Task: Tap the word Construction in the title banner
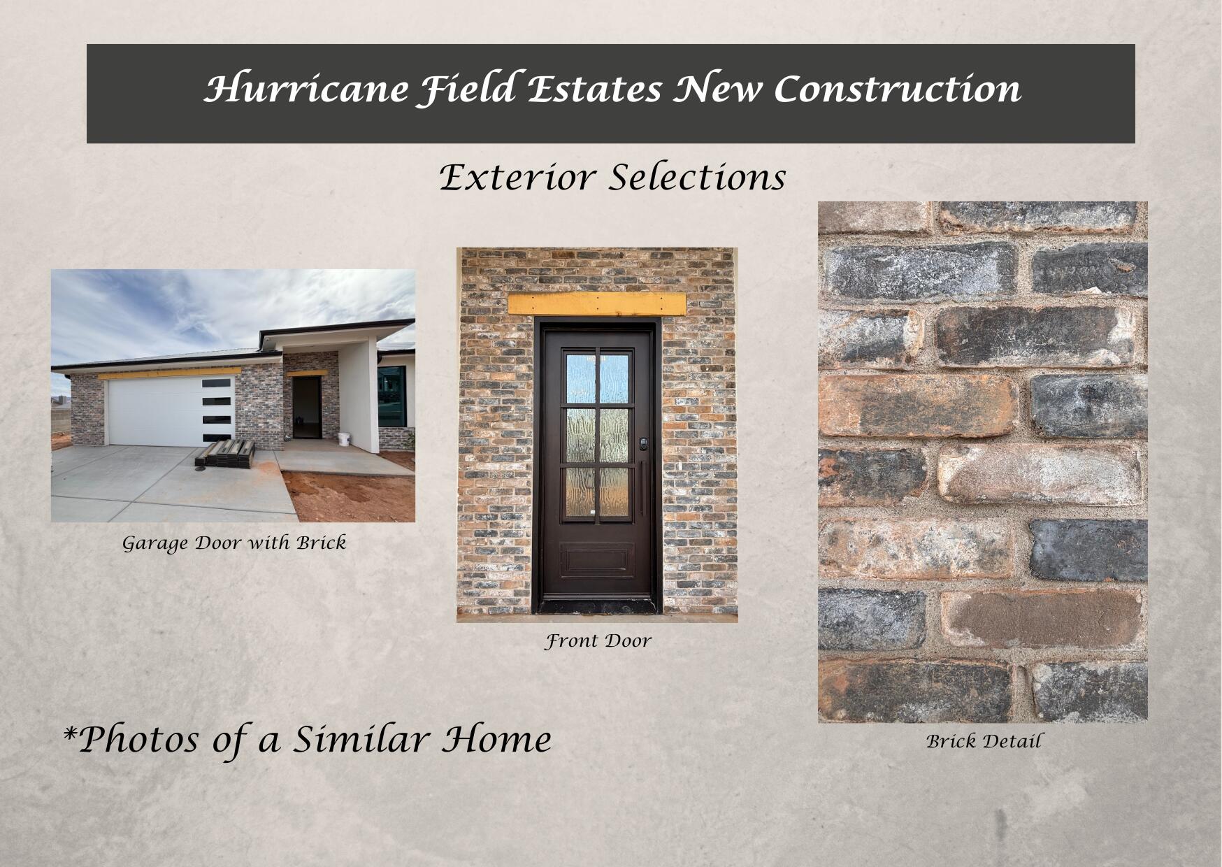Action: click(897, 89)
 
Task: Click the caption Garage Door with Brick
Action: click(234, 543)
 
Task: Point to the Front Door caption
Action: click(598, 640)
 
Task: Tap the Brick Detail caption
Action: click(984, 741)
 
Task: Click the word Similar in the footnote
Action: click(361, 739)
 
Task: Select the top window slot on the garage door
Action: click(217, 383)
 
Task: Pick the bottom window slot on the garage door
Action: click(217, 437)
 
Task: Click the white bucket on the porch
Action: click(344, 439)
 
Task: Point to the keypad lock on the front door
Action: click(643, 443)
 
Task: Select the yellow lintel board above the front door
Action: click(597, 304)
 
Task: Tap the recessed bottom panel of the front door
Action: click(597, 560)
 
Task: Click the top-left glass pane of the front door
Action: click(580, 378)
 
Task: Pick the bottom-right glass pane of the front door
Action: click(614, 493)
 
